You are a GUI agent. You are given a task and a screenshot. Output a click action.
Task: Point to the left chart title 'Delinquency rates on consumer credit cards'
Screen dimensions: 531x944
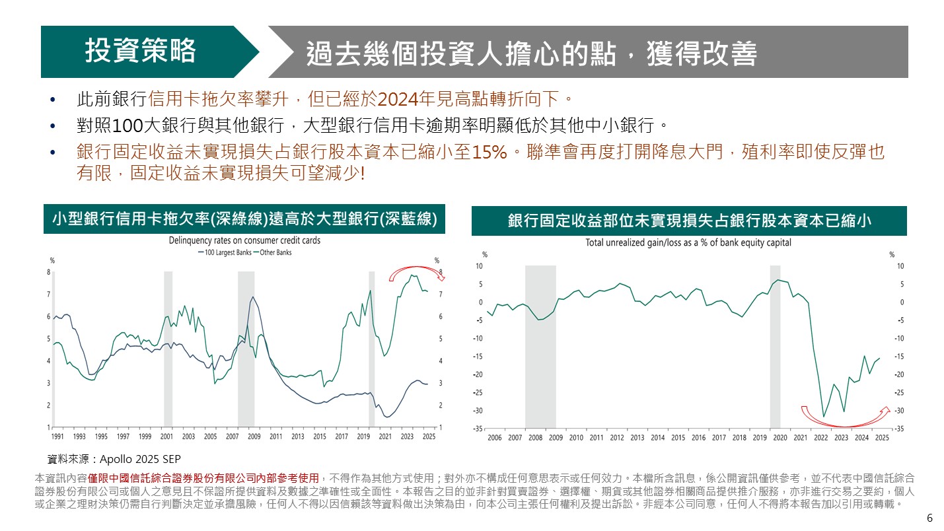tap(244, 240)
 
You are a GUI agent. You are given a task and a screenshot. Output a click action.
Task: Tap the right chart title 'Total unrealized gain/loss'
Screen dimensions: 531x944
tap(688, 242)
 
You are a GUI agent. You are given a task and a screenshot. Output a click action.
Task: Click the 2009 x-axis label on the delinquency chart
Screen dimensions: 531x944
tap(254, 437)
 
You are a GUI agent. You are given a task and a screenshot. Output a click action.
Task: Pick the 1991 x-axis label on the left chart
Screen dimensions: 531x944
tap(57, 437)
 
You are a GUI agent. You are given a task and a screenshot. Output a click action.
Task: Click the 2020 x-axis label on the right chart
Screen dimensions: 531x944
tap(779, 437)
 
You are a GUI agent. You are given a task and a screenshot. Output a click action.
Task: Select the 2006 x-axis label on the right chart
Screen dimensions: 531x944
tap(494, 437)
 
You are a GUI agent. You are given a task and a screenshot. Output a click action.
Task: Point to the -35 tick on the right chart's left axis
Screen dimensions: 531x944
tap(478, 429)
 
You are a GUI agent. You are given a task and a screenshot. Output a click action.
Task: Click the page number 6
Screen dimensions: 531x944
tap(930, 518)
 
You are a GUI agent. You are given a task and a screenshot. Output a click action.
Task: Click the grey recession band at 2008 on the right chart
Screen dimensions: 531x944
tap(540, 347)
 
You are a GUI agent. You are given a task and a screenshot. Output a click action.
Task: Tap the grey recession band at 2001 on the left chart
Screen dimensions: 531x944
tap(168, 348)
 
